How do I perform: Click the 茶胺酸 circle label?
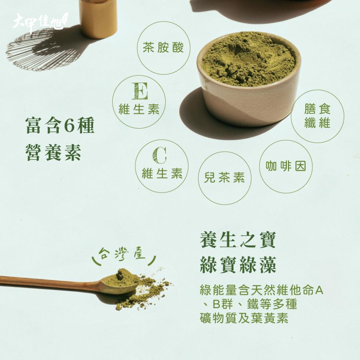pyautogui.click(x=163, y=48)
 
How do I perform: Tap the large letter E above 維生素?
pyautogui.click(x=140, y=91)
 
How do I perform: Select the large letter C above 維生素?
pyautogui.click(x=159, y=155)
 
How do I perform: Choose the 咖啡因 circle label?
pyautogui.click(x=286, y=166)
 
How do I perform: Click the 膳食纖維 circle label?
pyautogui.click(x=317, y=116)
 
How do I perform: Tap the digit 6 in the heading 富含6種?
pyautogui.click(x=69, y=126)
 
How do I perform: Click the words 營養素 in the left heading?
pyautogui.click(x=54, y=152)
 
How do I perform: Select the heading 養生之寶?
pyautogui.click(x=238, y=240)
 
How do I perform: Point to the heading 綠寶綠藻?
pyautogui.click(x=238, y=265)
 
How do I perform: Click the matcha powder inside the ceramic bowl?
pyautogui.click(x=248, y=60)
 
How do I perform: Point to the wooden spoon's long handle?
pyautogui.click(x=51, y=282)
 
